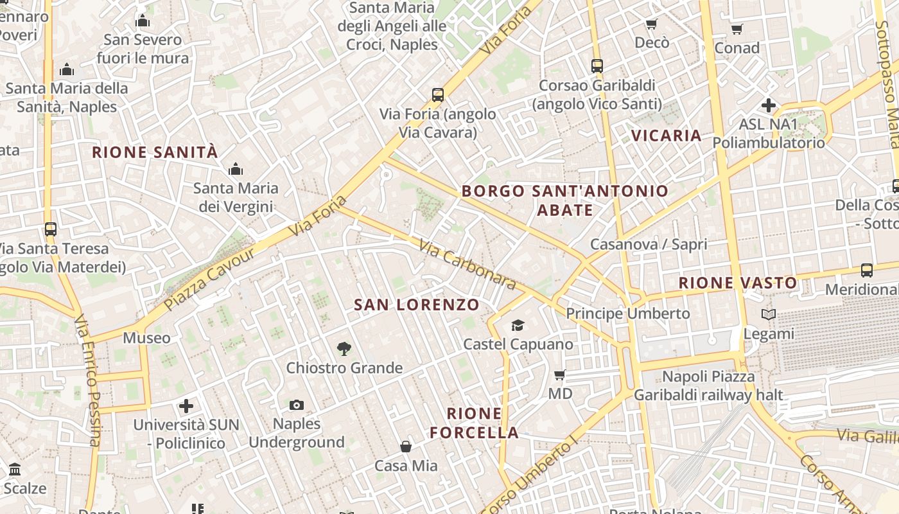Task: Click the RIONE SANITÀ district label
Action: pyautogui.click(x=155, y=153)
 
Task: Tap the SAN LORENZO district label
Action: pyautogui.click(x=417, y=305)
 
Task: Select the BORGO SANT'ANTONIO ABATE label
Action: pyautogui.click(x=565, y=200)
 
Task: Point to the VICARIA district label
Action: pyautogui.click(x=667, y=136)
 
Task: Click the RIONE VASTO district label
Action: pyautogui.click(x=738, y=283)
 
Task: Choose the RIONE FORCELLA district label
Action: pyautogui.click(x=474, y=423)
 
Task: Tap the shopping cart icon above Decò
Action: pyautogui.click(x=652, y=24)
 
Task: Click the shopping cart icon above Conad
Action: pyautogui.click(x=737, y=30)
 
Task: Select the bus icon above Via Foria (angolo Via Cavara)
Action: pyautogui.click(x=438, y=95)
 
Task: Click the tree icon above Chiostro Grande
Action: pyautogui.click(x=344, y=349)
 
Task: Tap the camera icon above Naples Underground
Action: pyautogui.click(x=297, y=405)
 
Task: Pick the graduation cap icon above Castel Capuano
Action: pyautogui.click(x=518, y=325)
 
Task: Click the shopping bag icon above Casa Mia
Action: pyautogui.click(x=406, y=446)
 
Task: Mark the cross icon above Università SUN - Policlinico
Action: pyautogui.click(x=186, y=405)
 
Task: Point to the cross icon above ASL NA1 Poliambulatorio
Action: pyautogui.click(x=769, y=105)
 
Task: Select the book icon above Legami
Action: pyautogui.click(x=769, y=315)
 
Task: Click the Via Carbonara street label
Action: pyautogui.click(x=467, y=264)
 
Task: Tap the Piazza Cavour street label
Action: pyautogui.click(x=209, y=279)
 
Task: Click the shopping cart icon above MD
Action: pyautogui.click(x=559, y=375)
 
